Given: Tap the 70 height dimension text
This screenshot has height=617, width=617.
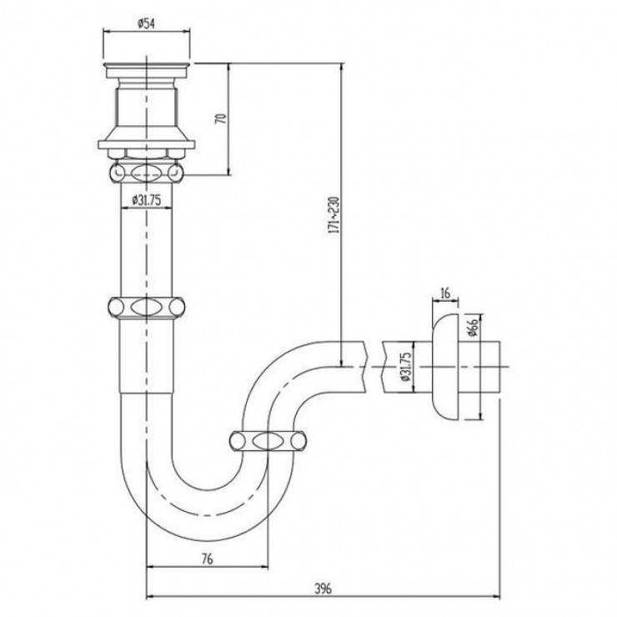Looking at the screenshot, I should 221,118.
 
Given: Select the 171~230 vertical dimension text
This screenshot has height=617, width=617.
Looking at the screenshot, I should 334,215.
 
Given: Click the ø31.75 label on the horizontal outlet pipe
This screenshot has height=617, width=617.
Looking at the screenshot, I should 403,364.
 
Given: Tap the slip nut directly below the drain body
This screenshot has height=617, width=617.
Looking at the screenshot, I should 147,173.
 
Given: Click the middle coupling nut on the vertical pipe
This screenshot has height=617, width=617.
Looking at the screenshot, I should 147,307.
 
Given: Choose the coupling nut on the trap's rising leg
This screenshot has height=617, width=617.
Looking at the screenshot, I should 267,443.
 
